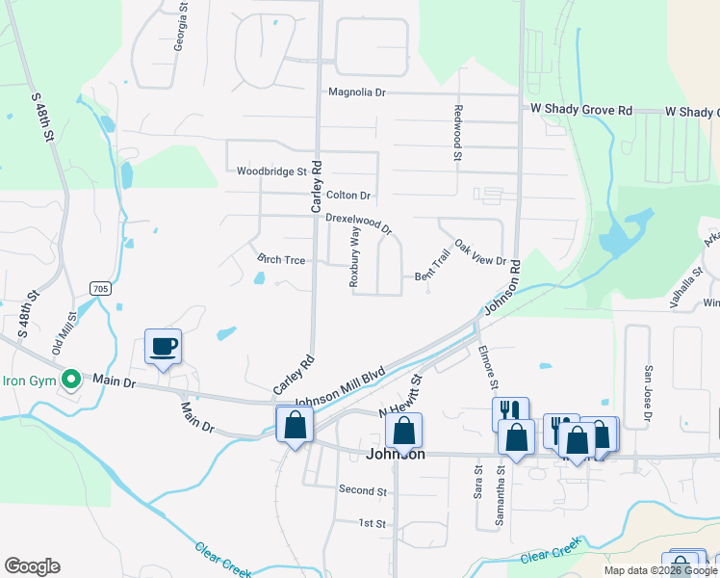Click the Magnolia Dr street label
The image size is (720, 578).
pyautogui.click(x=356, y=93)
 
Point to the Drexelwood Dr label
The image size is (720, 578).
pyautogui.click(x=358, y=223)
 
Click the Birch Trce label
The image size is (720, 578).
pyautogui.click(x=281, y=260)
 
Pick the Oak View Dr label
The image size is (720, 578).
pyautogui.click(x=480, y=253)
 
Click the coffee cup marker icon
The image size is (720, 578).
pyautogui.click(x=163, y=346)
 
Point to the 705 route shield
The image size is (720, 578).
pyautogui.click(x=100, y=288)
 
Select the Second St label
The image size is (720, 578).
pyautogui.click(x=363, y=490)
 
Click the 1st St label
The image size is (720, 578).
pyautogui.click(x=372, y=523)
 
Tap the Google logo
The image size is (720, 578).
pyautogui.click(x=32, y=566)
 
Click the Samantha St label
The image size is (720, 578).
pyautogui.click(x=501, y=494)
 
